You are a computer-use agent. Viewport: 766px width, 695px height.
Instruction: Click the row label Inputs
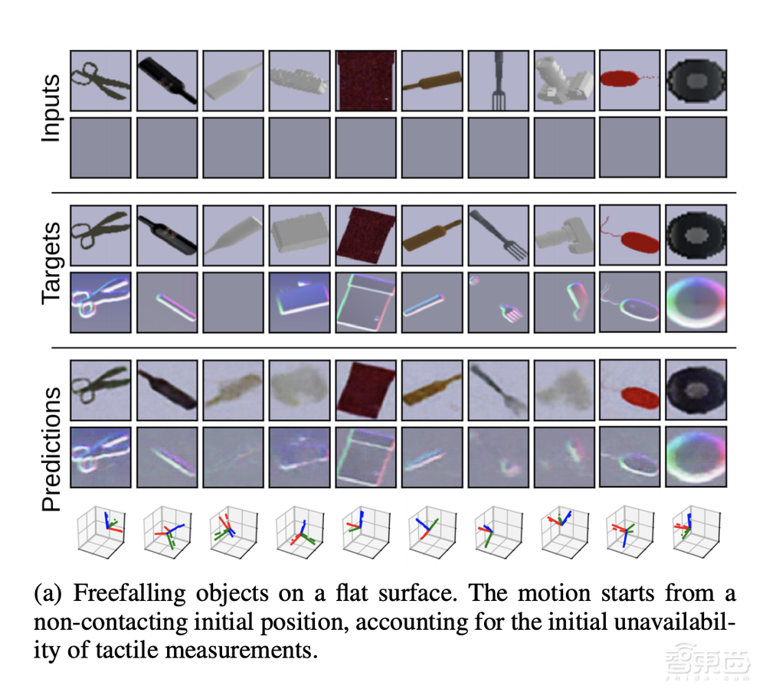coord(51,108)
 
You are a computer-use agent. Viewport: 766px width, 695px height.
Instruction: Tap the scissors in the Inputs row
coord(99,81)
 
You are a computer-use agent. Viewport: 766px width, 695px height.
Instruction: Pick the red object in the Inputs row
coord(624,80)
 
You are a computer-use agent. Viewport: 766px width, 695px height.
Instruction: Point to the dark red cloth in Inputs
coord(365,81)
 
